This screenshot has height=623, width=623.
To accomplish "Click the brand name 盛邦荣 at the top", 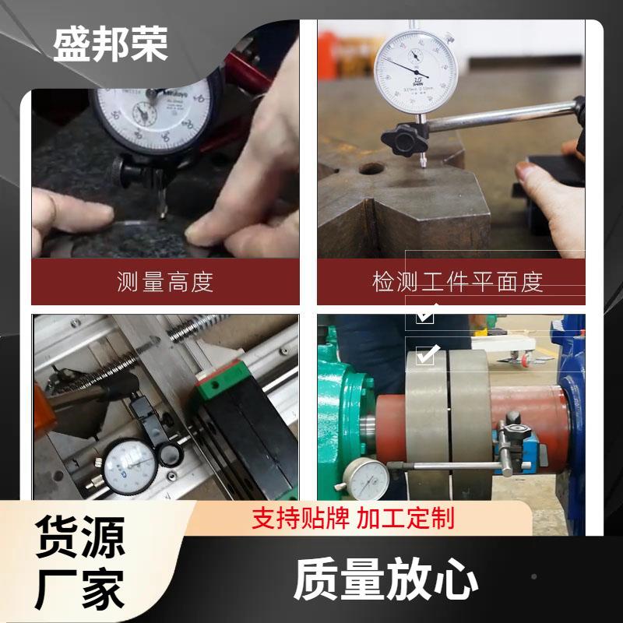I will pyautogui.click(x=111, y=44).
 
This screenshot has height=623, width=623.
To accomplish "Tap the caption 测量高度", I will pyautogui.click(x=164, y=281).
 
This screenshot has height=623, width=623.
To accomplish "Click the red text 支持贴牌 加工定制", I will pyautogui.click(x=352, y=517).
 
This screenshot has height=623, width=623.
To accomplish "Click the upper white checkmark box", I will pyautogui.click(x=425, y=314).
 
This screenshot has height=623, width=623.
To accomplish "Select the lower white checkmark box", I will pyautogui.click(x=425, y=354).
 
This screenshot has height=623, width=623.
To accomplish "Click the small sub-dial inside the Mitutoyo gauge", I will pyautogui.click(x=144, y=114).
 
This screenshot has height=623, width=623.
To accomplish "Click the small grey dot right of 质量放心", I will pyautogui.click(x=534, y=576).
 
